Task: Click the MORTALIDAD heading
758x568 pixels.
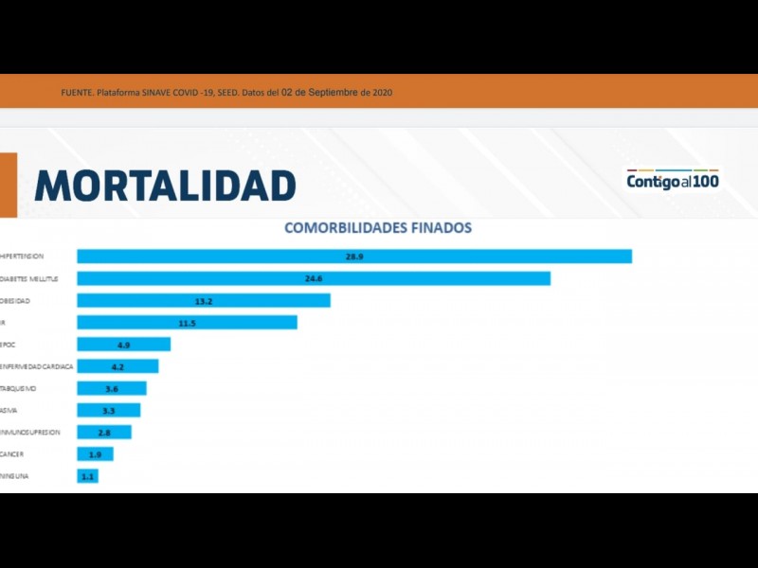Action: [x=165, y=185]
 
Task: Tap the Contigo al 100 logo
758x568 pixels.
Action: [x=672, y=180]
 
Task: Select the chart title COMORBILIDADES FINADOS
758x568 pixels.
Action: [x=378, y=228]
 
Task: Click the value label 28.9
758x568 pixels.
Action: [x=355, y=257]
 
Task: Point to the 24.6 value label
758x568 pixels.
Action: [x=315, y=278]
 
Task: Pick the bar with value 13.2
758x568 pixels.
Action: [x=204, y=300]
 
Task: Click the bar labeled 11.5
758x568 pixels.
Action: [x=187, y=322]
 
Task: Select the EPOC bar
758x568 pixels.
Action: [x=123, y=344]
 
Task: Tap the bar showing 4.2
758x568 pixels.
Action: [x=117, y=366]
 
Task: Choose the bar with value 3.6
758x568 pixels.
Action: [x=112, y=388]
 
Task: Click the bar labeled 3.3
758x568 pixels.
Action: [x=108, y=410]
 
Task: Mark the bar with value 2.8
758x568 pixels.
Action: [x=104, y=432]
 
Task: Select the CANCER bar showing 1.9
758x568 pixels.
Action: [x=95, y=454]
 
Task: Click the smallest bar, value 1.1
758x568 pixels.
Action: [x=87, y=476]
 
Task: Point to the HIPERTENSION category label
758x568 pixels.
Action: [x=23, y=257]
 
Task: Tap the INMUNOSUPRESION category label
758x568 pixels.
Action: [x=30, y=432]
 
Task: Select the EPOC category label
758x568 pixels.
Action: [x=9, y=344]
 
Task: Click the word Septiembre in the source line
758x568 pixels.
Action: [x=335, y=93]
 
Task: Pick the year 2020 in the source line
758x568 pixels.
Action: [x=382, y=93]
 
